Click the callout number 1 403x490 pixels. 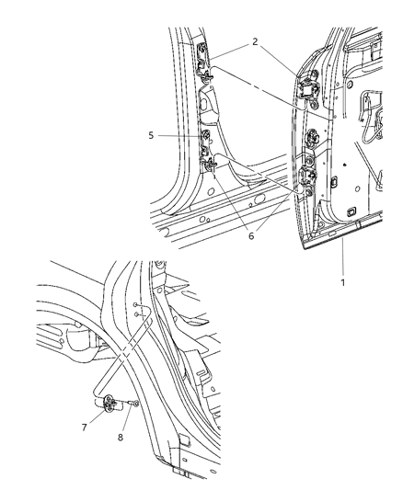(342, 283)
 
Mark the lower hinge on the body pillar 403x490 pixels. (211, 164)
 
